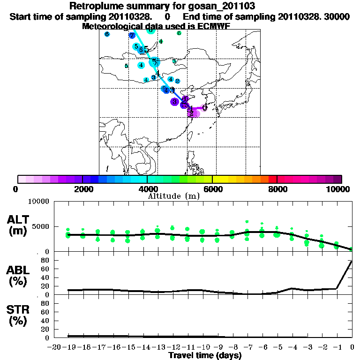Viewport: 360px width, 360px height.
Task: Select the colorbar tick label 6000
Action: click(212, 189)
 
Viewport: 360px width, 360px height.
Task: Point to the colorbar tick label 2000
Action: click(83, 189)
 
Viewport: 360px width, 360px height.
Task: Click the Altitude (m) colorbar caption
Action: click(174, 196)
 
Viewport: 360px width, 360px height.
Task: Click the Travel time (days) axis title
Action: click(205, 356)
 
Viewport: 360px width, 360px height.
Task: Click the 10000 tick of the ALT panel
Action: click(39, 202)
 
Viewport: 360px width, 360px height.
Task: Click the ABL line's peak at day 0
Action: click(352, 261)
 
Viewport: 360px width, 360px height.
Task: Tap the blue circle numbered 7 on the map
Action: click(132, 35)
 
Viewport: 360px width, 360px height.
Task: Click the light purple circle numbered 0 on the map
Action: click(204, 108)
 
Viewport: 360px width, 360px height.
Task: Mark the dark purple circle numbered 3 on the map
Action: click(174, 101)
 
